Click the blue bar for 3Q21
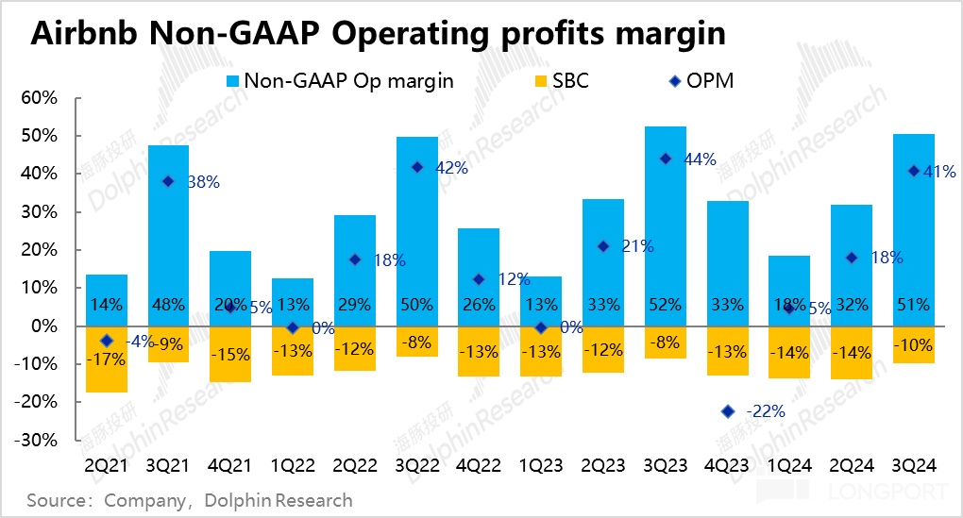(168, 226)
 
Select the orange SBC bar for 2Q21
(107, 373)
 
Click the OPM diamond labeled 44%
(666, 159)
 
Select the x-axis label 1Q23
(541, 467)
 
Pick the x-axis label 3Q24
(913, 467)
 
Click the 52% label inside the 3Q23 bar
(665, 305)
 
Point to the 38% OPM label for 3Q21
(202, 182)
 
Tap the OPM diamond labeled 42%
(416, 167)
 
